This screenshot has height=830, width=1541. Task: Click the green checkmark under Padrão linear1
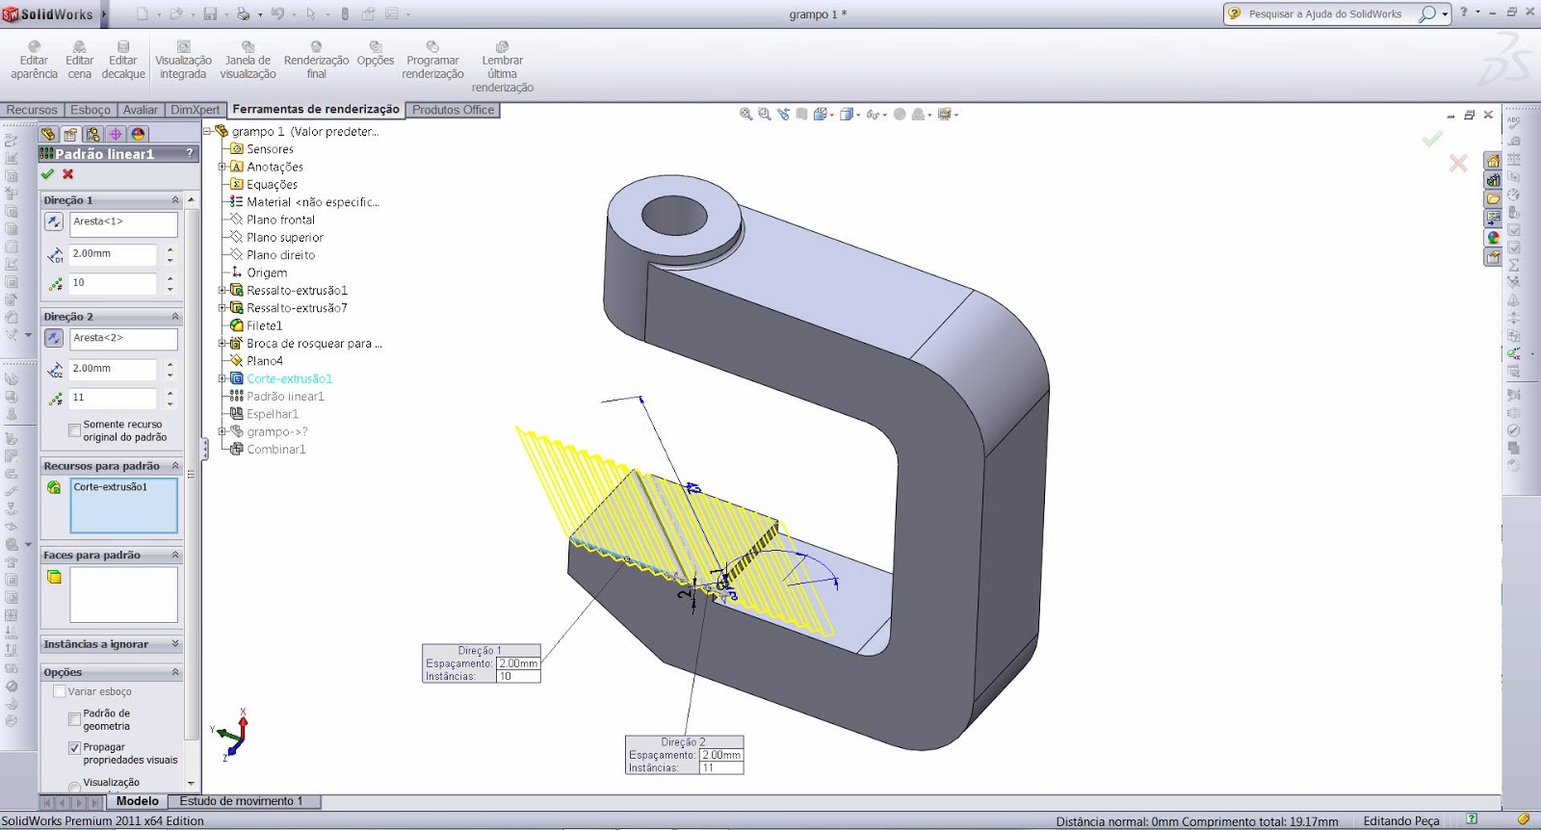47,174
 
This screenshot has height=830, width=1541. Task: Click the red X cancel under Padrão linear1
68,174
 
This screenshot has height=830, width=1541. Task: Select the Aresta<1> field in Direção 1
123,222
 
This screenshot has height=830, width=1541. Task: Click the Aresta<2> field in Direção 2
123,339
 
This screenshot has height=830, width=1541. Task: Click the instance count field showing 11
112,398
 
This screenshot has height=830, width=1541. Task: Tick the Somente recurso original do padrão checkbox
74,430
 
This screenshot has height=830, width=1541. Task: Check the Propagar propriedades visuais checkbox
74,748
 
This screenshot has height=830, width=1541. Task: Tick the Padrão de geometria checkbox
74,719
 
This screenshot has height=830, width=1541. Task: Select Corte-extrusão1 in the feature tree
289,378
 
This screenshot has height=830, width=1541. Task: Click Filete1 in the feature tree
264,325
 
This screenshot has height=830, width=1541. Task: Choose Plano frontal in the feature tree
280,220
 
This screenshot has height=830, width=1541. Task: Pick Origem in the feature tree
267,272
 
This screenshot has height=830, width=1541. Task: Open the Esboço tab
91,110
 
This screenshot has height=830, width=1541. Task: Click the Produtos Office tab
453,110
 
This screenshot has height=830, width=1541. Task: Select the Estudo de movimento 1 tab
241,801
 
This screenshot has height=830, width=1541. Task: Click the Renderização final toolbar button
316,60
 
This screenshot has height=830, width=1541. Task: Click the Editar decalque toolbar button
123,60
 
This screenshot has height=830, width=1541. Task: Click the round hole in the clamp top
674,215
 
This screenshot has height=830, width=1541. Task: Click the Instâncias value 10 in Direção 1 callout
517,677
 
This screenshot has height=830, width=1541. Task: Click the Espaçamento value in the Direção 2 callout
721,755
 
